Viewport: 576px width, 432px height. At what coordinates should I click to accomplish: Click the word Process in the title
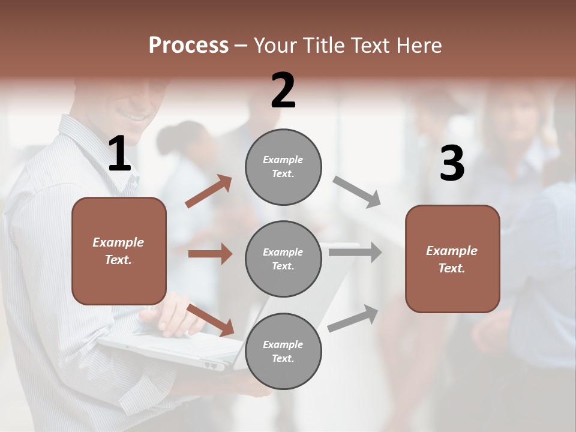(188, 46)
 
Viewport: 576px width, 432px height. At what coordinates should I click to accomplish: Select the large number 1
(119, 154)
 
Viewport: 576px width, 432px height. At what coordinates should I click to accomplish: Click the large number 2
(283, 91)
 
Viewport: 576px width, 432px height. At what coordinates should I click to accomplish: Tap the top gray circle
(283, 167)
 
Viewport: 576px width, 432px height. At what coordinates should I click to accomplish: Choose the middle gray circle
(283, 259)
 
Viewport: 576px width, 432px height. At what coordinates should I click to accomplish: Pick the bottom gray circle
(283, 352)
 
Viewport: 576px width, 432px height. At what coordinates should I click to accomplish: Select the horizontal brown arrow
(210, 254)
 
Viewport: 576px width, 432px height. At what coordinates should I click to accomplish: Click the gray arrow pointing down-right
(357, 192)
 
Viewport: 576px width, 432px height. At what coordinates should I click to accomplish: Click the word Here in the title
(418, 46)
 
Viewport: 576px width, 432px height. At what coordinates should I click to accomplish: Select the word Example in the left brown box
(118, 242)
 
